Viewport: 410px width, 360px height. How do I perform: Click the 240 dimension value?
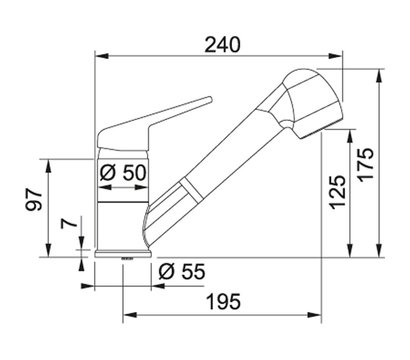point(222,45)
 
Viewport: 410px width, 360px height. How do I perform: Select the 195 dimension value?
point(223,302)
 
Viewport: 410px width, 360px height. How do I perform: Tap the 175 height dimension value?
point(366,165)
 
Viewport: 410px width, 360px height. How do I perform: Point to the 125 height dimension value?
point(337,192)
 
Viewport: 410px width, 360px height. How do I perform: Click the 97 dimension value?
point(34,200)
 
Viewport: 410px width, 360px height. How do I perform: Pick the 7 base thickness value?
point(69,223)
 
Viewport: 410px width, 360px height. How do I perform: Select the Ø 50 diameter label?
point(123,173)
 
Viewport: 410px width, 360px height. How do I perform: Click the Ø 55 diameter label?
point(182,272)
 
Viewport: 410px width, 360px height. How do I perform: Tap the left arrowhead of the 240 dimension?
point(102,56)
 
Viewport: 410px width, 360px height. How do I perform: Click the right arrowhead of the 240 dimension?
point(336,56)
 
